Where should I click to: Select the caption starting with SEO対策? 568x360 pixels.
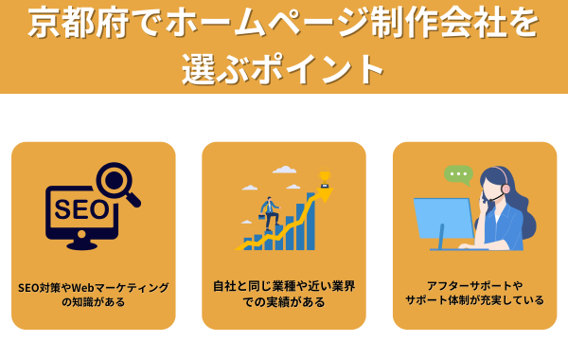94,286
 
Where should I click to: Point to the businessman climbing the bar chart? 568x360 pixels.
268,212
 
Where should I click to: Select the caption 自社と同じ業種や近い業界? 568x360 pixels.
284,284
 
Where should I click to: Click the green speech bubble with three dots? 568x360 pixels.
458,174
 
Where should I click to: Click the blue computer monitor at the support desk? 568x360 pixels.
443,219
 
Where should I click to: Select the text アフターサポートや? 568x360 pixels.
474,284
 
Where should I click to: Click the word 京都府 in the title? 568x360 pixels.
66,24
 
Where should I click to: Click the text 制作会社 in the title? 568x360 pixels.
417,24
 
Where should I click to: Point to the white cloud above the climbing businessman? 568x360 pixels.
284,171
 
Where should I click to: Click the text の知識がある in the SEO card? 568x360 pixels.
94,302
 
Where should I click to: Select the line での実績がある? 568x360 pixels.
284,301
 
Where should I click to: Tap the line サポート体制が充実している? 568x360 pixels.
474,300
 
